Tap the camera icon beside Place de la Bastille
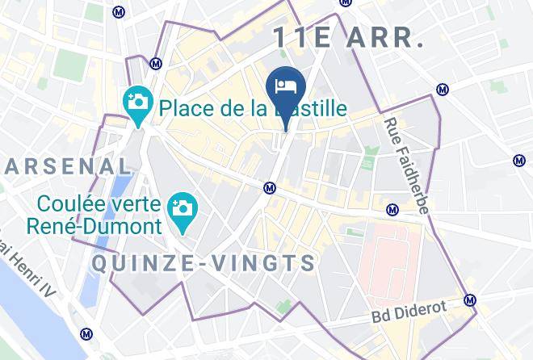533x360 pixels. click(x=139, y=103)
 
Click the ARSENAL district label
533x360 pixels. click(x=68, y=166)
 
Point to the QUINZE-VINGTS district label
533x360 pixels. click(x=204, y=263)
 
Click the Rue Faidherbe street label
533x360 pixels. click(x=406, y=165)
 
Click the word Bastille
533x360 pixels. click(x=307, y=107)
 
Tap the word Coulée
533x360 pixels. click(x=80, y=203)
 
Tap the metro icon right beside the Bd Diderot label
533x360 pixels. click(x=470, y=301)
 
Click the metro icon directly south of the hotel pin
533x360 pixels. click(x=271, y=188)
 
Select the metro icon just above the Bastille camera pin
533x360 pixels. click(x=156, y=63)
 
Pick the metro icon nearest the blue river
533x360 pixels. click(x=86, y=334)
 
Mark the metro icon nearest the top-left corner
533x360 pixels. click(x=120, y=12)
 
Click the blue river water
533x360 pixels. click(x=32, y=315)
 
